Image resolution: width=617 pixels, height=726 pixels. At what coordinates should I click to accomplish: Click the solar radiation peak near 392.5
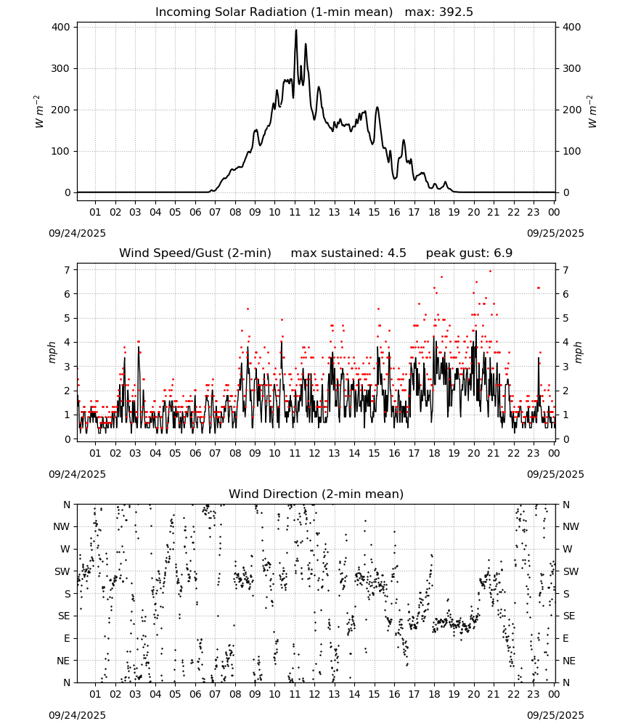(296, 30)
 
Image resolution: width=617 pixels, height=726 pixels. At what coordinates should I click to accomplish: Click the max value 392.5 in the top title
(456, 12)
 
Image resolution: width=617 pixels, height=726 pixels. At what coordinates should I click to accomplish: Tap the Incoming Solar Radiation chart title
(274, 12)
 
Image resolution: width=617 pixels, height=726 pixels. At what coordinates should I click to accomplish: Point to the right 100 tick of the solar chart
(572, 152)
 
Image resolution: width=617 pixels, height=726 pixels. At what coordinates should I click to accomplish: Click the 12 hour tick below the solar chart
(314, 213)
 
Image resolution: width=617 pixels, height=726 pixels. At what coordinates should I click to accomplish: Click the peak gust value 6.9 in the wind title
(503, 253)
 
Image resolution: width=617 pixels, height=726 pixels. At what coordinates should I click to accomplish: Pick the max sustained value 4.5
(396, 253)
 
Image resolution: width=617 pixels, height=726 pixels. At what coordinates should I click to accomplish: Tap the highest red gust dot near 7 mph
(491, 272)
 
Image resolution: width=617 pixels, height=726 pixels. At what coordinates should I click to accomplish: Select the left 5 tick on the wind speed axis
(68, 318)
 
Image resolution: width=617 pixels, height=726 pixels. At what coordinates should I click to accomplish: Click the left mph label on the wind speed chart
(52, 352)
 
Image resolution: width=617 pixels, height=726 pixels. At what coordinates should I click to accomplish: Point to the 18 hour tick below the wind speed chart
(434, 453)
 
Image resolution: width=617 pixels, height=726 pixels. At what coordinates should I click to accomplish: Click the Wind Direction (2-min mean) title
(316, 494)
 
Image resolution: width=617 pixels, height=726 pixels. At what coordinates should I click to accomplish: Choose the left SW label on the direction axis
(62, 572)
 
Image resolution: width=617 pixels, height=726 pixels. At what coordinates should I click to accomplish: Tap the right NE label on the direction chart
(569, 661)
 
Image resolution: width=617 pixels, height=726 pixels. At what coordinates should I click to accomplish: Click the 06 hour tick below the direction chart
(195, 695)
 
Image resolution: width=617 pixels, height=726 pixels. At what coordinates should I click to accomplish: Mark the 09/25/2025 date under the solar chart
(555, 233)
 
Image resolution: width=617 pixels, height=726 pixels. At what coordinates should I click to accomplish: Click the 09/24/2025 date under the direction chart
(77, 715)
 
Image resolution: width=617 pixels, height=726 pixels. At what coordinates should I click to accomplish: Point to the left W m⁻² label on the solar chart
(39, 111)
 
